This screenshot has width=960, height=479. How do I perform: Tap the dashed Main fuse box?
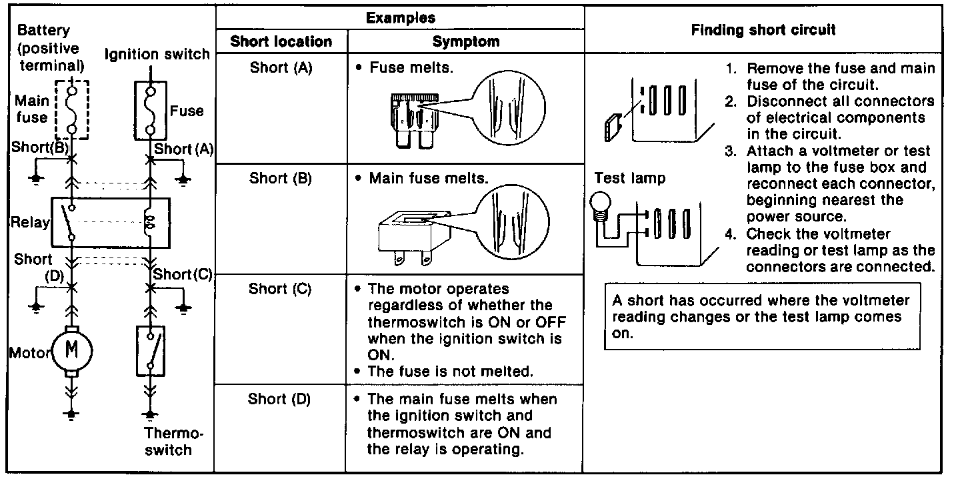(71, 108)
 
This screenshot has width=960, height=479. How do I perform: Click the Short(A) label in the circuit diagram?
(183, 149)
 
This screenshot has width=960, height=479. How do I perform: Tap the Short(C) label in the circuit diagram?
(182, 274)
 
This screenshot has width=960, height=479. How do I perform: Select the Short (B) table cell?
(281, 179)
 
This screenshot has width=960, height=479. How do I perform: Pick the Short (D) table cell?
(279, 399)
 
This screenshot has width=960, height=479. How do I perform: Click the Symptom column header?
(465, 41)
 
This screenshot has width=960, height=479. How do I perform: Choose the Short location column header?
(281, 41)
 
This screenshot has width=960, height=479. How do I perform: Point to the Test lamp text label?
(629, 179)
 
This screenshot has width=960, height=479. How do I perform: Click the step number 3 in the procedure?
(731, 151)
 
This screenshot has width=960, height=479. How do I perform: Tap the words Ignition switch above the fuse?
(158, 54)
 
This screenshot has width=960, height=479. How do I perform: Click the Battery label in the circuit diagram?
(43, 31)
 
